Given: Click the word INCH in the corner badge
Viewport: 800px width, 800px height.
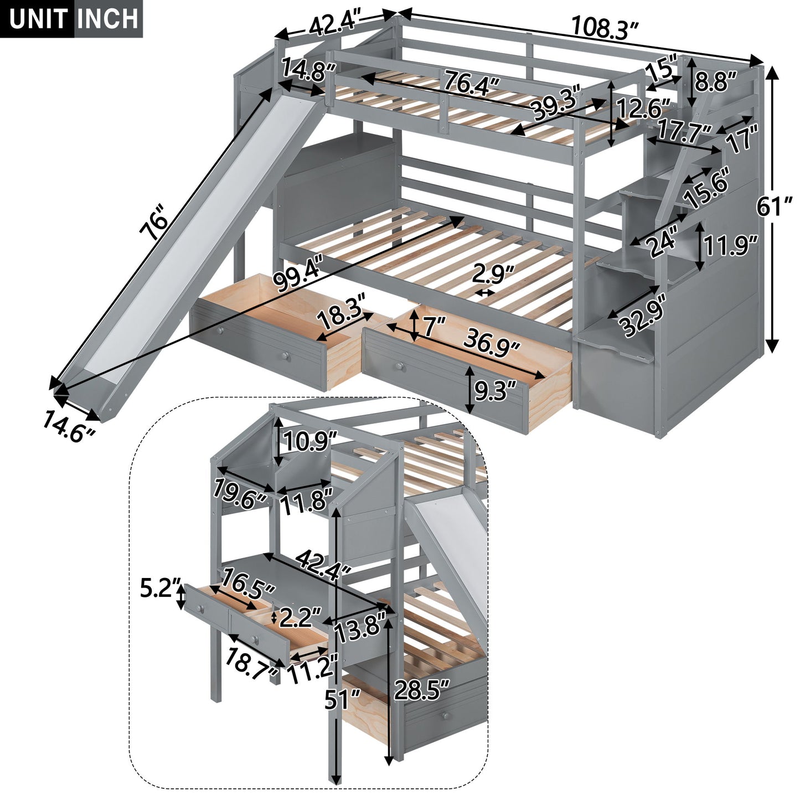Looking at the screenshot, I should pos(108,19).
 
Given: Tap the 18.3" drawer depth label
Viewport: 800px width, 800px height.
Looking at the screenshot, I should pos(342,318).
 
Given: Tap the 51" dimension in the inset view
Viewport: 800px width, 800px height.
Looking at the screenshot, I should pos(342,700).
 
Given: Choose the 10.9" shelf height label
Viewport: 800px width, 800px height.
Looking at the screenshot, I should pos(310,441).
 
